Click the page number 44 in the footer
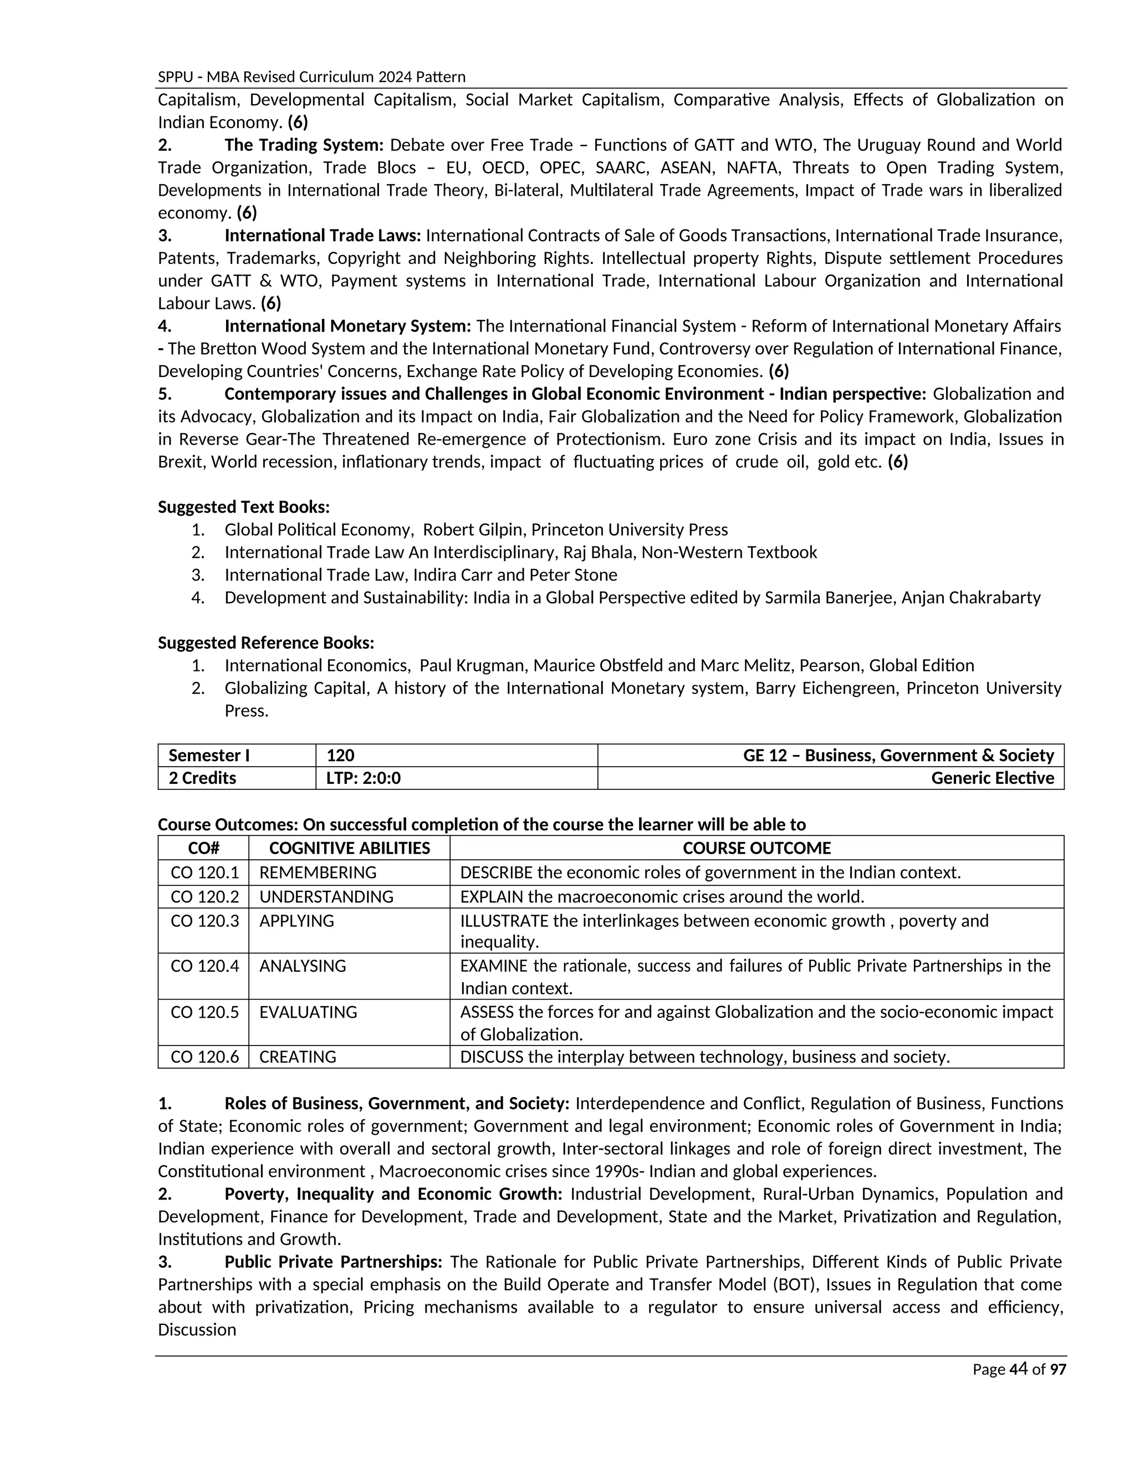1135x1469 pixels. point(1019,1369)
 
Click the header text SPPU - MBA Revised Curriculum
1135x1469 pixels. point(311,76)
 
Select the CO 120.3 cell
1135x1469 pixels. point(204,921)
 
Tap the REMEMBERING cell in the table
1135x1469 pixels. point(318,873)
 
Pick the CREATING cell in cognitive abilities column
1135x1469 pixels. point(297,1057)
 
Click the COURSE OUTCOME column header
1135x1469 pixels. point(756,848)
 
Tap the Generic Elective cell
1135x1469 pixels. point(992,778)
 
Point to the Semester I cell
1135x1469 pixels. point(208,756)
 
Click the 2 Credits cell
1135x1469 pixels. point(202,778)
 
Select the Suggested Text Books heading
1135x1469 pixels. point(243,507)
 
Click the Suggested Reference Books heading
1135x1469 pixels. point(265,643)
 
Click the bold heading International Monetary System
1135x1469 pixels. point(347,326)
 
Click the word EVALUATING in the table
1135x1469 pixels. point(308,1012)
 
